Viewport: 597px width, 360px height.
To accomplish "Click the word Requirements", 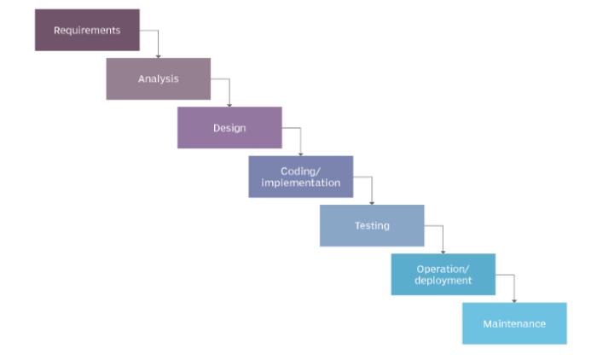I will (x=87, y=31).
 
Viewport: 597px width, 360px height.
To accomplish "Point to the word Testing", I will (x=372, y=226).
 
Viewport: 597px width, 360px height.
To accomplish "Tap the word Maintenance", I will (x=514, y=324).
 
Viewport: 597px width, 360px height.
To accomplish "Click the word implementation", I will (x=300, y=183).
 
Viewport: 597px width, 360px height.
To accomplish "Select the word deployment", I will (x=443, y=280).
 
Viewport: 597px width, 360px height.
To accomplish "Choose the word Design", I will (x=229, y=128).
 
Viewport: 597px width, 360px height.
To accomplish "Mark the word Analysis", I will (x=159, y=79).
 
